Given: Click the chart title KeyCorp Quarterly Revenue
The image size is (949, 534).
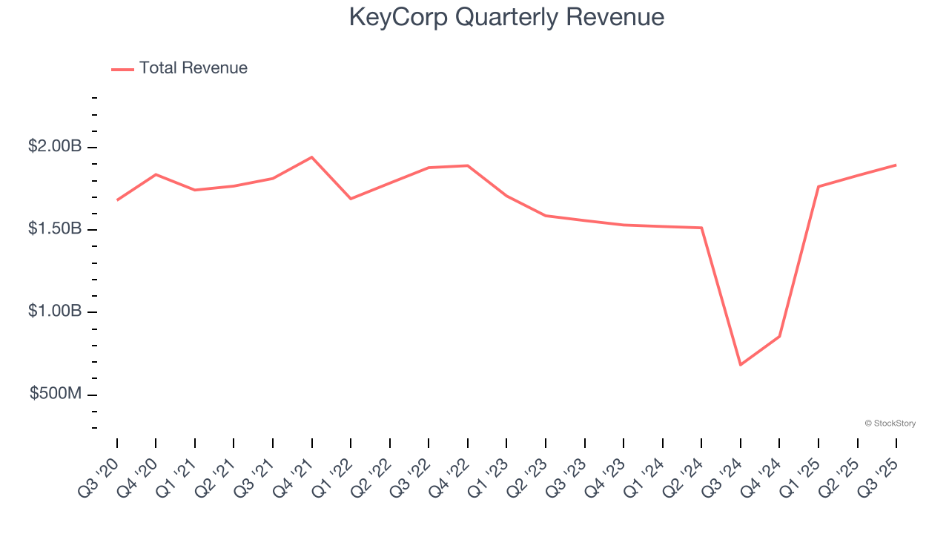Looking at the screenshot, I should pos(506,17).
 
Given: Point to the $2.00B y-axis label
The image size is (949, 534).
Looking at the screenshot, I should pos(55,147).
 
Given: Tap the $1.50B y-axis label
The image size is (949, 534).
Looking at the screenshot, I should pos(55,229).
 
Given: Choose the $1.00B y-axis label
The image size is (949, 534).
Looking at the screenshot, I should pos(55,311).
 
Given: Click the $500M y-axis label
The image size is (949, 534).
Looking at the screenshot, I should pos(56,394).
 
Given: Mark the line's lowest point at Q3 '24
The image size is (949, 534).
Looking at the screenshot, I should pos(740,365).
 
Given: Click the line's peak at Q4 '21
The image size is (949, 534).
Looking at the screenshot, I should pos(311,157).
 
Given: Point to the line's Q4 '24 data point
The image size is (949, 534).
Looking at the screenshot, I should pos(779,336).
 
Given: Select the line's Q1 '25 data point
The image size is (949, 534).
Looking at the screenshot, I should pos(819,186).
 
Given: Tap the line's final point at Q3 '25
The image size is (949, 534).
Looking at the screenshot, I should pos(896,165).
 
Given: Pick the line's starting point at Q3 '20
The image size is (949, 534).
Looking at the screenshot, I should pos(117,200).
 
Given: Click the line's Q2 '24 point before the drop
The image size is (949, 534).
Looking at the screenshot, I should pos(701,228).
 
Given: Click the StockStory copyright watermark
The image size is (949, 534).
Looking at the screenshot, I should pos(890,423).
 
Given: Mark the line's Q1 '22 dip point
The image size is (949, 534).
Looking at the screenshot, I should pos(351,199).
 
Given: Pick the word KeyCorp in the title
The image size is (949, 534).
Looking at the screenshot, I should pos(399,17).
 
